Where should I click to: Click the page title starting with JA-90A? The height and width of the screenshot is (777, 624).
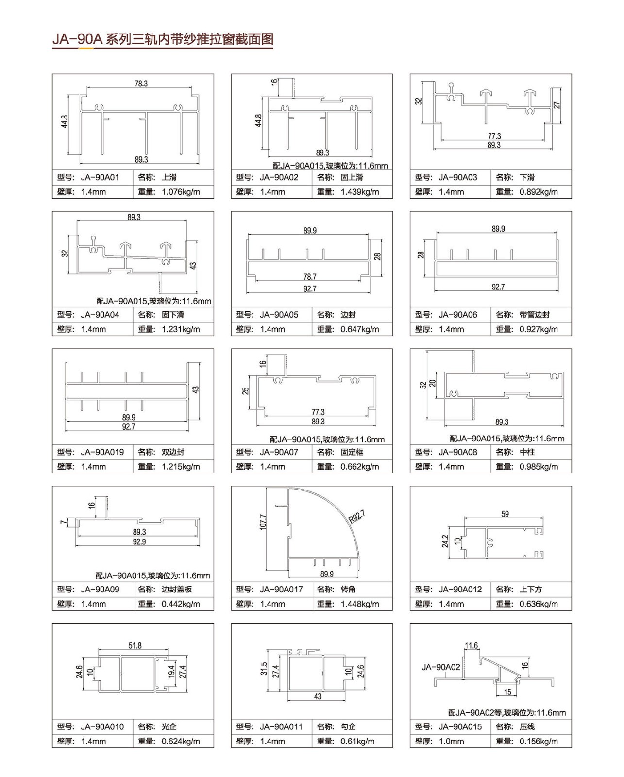coord(163,39)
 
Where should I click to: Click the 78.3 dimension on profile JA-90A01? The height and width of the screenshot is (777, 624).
coord(141,84)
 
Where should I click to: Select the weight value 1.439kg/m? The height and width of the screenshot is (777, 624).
coord(360,192)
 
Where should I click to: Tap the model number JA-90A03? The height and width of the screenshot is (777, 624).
coord(458,177)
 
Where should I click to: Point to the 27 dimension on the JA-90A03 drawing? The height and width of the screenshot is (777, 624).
coord(557,105)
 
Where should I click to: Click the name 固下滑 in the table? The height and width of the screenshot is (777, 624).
coord(172,315)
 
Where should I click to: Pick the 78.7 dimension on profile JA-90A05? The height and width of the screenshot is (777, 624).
coord(310,277)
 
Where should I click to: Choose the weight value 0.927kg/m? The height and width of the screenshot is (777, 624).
coord(539,329)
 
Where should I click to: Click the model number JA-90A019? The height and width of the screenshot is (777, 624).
coord(102,452)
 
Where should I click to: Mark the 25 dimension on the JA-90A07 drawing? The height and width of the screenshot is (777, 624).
coord(246,390)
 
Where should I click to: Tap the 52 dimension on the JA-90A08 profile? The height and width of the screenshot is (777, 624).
coord(423,385)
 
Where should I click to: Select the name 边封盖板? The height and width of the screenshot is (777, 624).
coord(177,589)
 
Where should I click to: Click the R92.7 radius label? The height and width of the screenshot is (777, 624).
coord(357,517)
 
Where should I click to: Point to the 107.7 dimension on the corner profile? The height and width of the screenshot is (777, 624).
coord(263,522)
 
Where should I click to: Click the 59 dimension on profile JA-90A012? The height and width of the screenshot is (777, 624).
coord(505,514)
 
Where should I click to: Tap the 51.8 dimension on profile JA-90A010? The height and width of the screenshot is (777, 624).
coord(135,645)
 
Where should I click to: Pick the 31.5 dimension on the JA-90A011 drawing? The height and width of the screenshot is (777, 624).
coord(264,669)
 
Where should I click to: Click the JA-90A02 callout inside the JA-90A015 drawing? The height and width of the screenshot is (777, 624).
coord(441,667)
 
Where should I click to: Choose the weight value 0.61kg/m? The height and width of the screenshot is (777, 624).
coord(357,741)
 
